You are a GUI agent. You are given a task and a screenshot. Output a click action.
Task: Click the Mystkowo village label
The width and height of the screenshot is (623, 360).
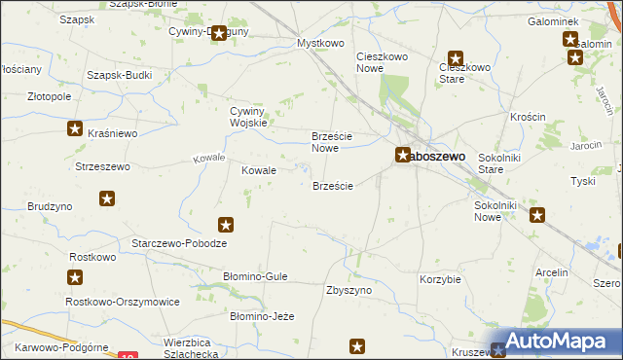(x=322, y=44)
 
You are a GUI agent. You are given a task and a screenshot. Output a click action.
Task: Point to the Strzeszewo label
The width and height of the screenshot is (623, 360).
(x=102, y=166)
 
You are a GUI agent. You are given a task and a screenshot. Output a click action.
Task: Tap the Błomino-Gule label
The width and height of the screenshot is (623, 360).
(x=256, y=276)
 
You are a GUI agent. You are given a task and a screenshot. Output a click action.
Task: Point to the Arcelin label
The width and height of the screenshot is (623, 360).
(x=551, y=272)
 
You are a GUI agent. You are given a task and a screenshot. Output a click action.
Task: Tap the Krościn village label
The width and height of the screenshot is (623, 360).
(x=528, y=116)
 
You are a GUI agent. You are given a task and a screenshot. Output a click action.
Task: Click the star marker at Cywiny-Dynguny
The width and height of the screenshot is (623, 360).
(x=219, y=33)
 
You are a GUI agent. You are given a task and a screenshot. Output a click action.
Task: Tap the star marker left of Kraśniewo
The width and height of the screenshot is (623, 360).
(x=75, y=127)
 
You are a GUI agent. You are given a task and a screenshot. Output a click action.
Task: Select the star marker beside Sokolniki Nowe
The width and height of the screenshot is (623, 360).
(x=536, y=216)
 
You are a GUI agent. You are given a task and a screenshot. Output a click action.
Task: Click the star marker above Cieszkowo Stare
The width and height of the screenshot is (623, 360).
(x=455, y=57)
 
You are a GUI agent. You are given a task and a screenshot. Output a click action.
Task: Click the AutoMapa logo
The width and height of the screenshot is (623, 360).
(x=555, y=342)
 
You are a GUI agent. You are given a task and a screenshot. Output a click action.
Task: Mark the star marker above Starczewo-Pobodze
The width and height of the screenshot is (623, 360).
(x=226, y=225)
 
